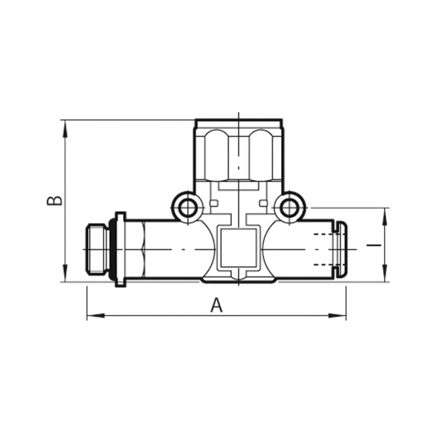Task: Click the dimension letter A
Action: click(x=216, y=305)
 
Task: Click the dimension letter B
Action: click(x=55, y=200)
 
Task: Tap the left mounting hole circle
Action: click(x=186, y=208)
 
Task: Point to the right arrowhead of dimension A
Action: click(x=338, y=315)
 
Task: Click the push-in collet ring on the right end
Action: click(x=341, y=249)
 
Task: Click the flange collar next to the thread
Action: click(x=120, y=249)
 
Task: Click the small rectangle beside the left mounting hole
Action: click(x=213, y=205)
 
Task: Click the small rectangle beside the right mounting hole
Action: click(x=263, y=205)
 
